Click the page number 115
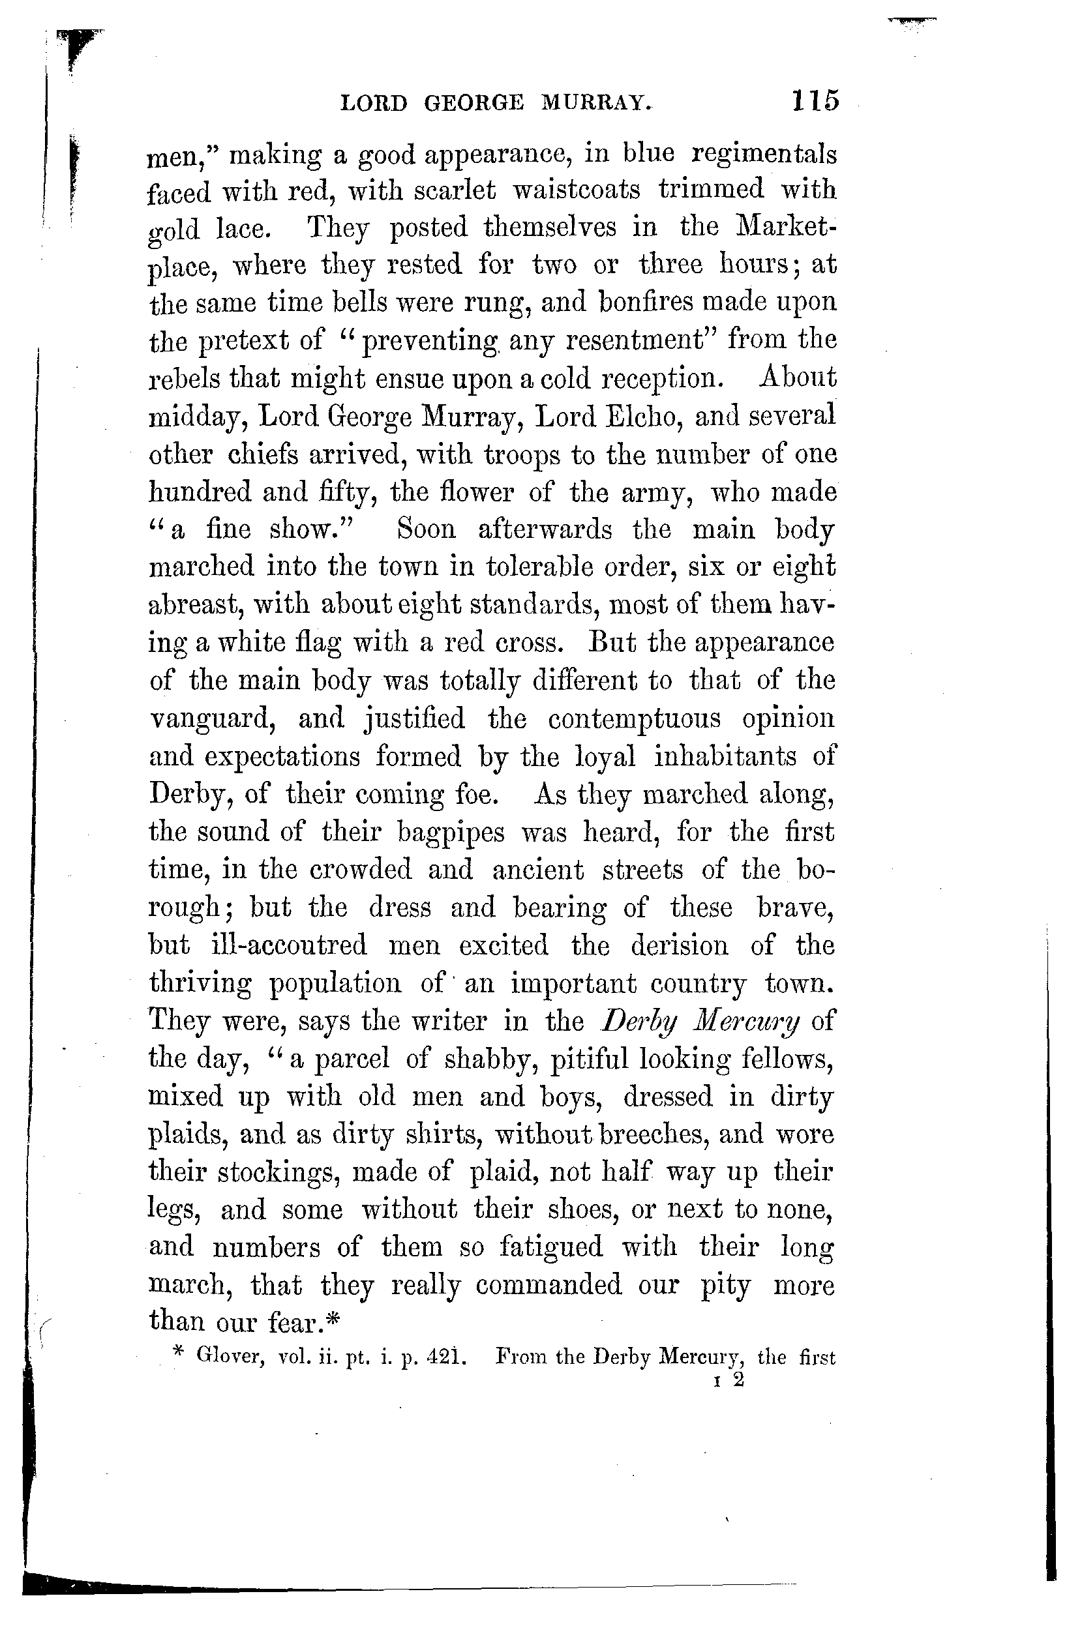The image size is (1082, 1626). coord(815,100)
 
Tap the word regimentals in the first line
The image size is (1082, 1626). coord(764,155)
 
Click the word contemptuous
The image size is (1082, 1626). coord(634,719)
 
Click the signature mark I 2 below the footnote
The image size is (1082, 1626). coord(730,1381)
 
